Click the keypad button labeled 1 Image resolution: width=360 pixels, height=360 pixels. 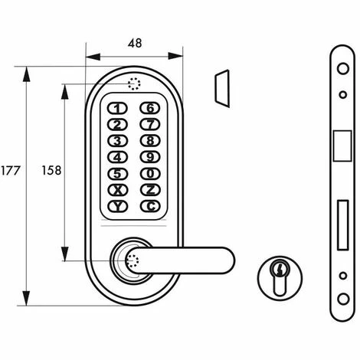(x=117, y=109)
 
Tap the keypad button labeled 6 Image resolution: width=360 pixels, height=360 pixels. (x=150, y=108)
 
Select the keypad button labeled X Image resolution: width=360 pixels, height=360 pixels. (x=117, y=190)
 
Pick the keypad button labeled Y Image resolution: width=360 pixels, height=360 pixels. (x=117, y=206)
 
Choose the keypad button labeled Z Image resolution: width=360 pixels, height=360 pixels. (x=150, y=190)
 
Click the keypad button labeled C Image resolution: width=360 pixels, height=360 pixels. (x=150, y=206)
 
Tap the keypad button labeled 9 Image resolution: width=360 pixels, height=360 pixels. (x=150, y=157)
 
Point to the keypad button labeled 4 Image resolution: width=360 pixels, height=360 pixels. (x=117, y=157)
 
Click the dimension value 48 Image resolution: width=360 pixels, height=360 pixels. (x=135, y=44)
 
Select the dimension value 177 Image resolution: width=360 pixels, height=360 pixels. (x=10, y=171)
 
